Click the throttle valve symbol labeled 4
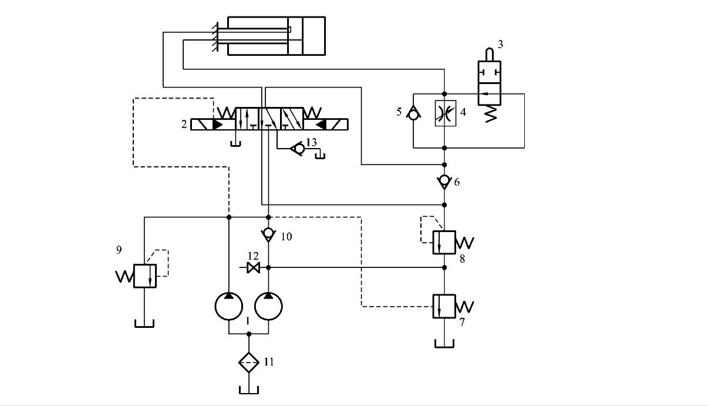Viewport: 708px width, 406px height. click(444, 113)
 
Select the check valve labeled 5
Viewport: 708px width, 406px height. click(413, 113)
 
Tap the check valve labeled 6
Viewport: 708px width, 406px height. click(444, 182)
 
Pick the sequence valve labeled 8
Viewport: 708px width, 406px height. click(444, 241)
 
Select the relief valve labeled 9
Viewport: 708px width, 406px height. click(144, 276)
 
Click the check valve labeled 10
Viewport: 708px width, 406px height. click(268, 235)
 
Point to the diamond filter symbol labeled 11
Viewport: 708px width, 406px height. click(249, 362)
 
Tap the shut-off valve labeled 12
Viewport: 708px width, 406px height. click(254, 268)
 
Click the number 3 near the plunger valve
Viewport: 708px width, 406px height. click(500, 44)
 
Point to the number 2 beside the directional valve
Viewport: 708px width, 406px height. click(184, 125)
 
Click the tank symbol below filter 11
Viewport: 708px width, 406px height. click(249, 390)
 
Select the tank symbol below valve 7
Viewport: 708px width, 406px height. click(444, 343)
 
